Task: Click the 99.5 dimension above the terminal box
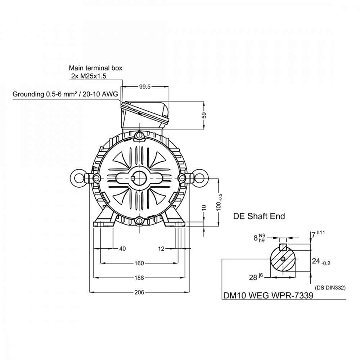145,87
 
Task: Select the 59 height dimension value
204,115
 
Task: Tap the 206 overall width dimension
139,292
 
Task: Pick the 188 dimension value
139,278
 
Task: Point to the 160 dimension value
139,263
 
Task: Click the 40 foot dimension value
123,249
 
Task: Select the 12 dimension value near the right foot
161,249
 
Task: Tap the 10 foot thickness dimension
204,208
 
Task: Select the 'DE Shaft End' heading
259,216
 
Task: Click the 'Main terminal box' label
96,68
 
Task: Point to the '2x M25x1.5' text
89,76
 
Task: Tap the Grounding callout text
65,94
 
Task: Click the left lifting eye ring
71,178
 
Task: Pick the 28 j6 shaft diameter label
256,277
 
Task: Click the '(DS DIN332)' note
330,288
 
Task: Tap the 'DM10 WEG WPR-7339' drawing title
269,295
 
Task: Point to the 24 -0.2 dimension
321,261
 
